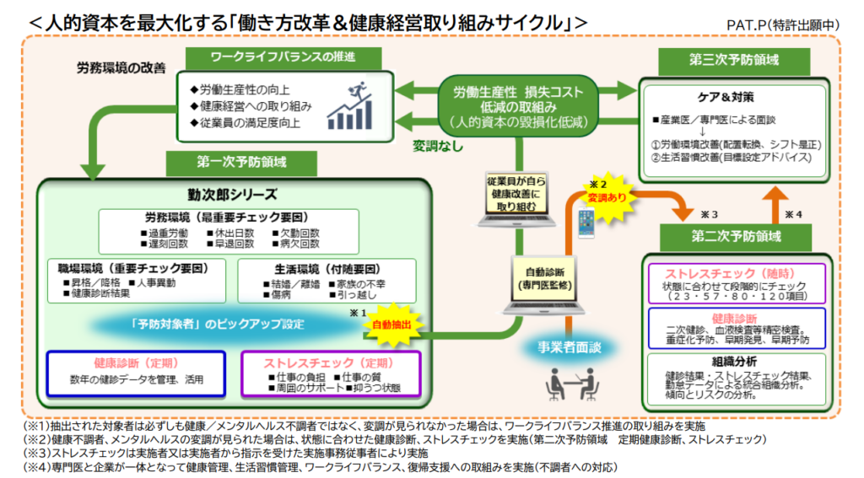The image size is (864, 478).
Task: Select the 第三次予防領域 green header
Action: point(727,61)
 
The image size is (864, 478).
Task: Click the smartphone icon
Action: point(586,223)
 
